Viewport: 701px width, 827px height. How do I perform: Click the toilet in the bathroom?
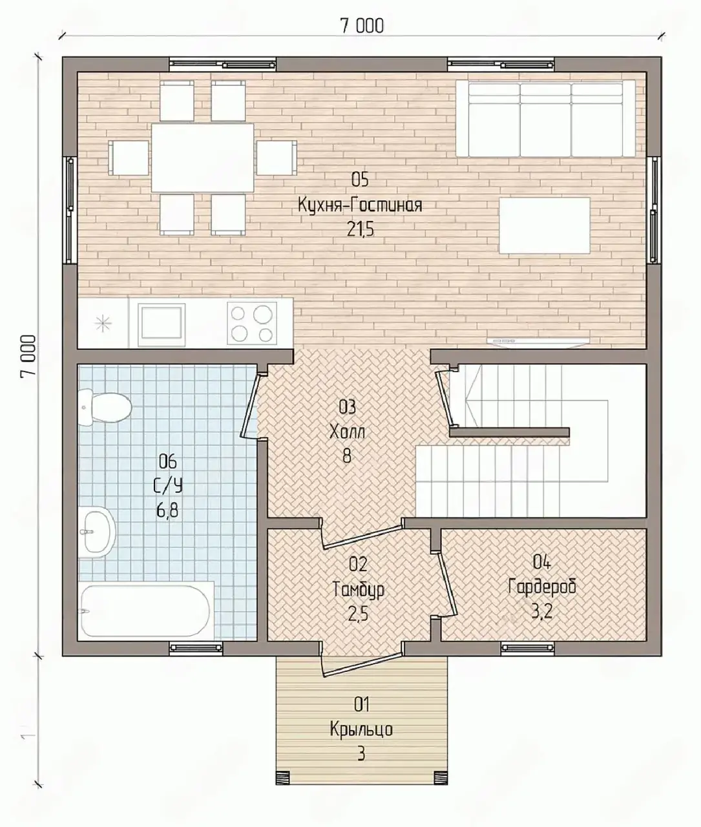click(105, 408)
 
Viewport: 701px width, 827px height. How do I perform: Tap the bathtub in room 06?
click(145, 611)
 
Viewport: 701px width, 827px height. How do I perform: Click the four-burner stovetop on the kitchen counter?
click(252, 323)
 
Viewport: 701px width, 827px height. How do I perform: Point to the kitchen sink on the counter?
click(162, 325)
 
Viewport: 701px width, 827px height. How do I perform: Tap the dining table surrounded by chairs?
click(202, 158)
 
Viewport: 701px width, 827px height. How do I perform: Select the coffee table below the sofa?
click(545, 225)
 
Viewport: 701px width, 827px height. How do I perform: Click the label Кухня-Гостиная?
click(360, 205)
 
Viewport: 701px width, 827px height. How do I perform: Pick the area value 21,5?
click(360, 229)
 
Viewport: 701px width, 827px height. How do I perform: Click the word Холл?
click(348, 432)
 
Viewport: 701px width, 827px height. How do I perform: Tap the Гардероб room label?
click(542, 587)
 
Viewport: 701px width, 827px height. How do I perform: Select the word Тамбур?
click(358, 589)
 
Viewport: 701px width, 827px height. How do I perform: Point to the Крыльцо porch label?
click(361, 729)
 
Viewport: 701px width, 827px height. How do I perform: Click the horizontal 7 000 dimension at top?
click(362, 26)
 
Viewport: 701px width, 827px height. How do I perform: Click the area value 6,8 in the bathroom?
click(167, 510)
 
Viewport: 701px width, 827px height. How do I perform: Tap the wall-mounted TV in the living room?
click(538, 341)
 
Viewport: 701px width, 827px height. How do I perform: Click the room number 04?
click(542, 562)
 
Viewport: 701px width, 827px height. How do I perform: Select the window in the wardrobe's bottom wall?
click(528, 648)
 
